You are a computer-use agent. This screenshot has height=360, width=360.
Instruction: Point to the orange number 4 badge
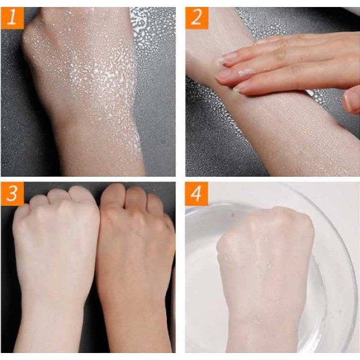coord(197,194)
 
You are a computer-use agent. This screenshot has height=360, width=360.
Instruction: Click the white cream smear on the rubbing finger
coord(247,72)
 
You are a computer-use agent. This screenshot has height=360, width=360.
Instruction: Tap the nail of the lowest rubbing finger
coord(240,87)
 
